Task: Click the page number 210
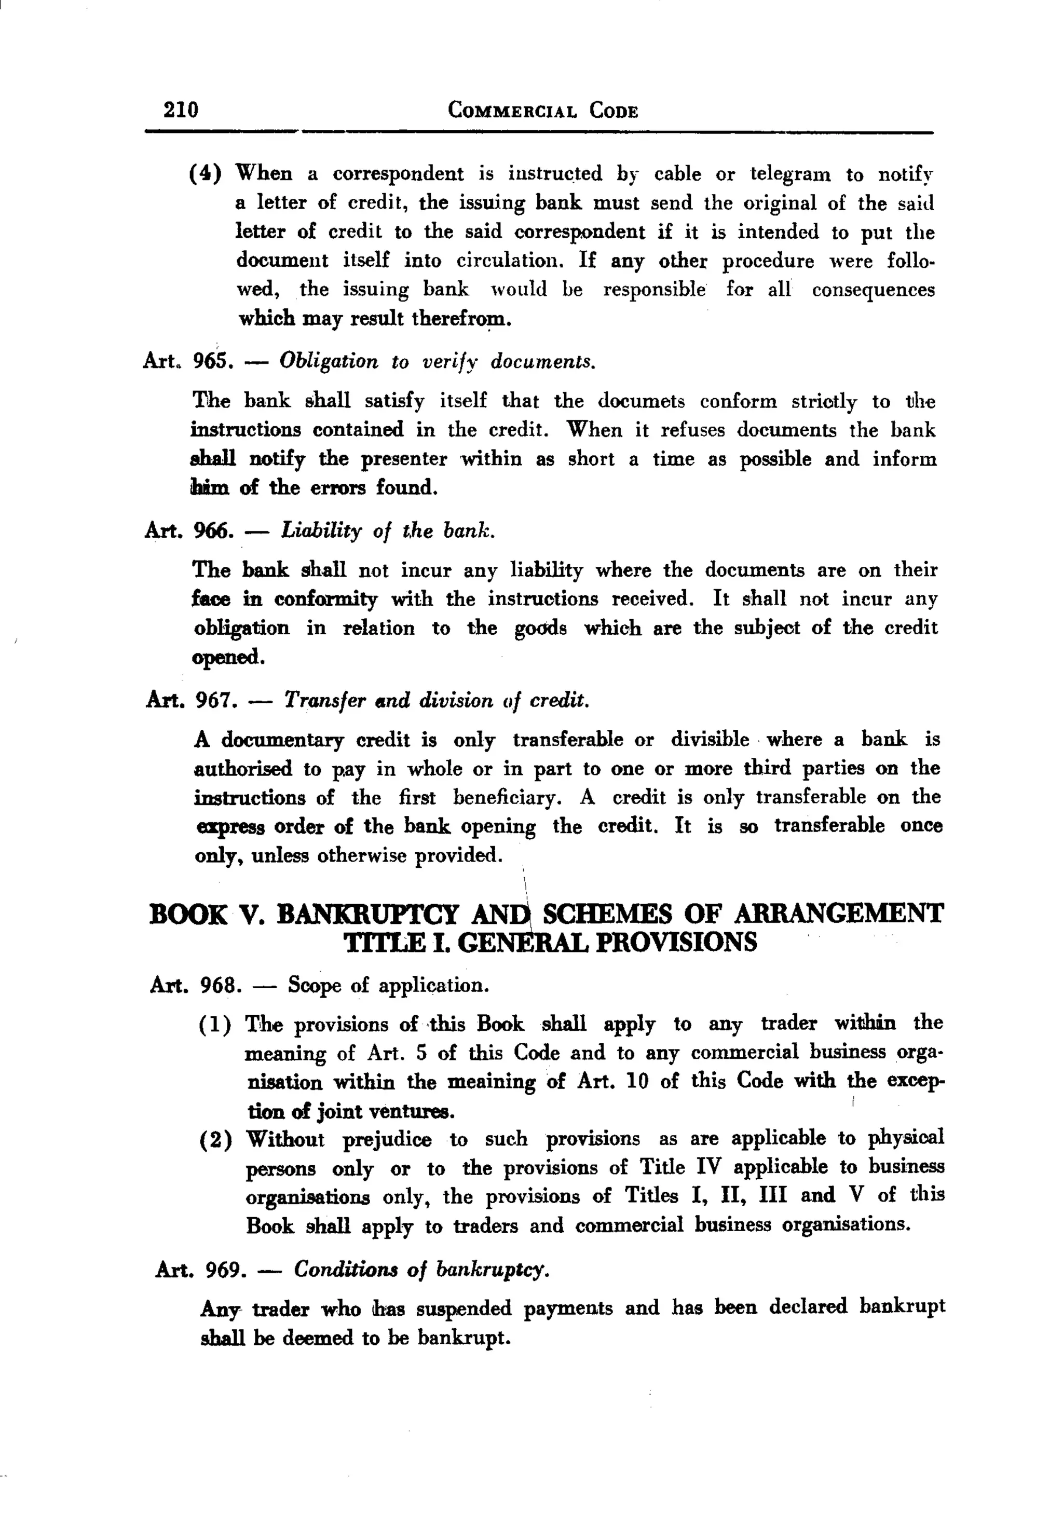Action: click(181, 108)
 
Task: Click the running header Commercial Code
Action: click(542, 110)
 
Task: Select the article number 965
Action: click(212, 361)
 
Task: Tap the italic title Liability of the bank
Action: click(388, 530)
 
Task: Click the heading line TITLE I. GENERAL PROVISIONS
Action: click(551, 943)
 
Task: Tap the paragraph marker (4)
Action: click(205, 174)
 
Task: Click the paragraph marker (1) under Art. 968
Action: click(215, 1025)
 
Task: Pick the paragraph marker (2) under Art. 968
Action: click(215, 1140)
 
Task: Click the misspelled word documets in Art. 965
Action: click(642, 401)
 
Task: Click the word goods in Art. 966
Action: click(540, 628)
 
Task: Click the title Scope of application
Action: click(388, 986)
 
